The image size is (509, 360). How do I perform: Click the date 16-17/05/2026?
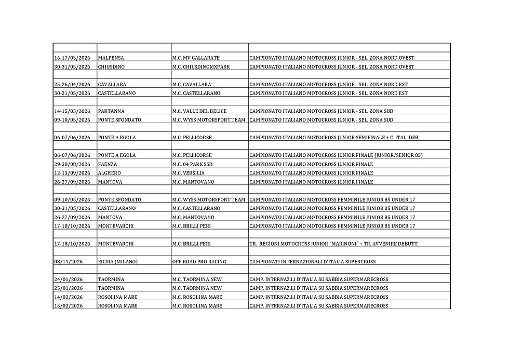(x=72, y=58)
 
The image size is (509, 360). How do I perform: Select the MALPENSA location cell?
(x=111, y=58)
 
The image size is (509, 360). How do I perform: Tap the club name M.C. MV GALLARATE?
(x=195, y=58)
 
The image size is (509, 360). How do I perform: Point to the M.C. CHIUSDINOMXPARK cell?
(x=200, y=66)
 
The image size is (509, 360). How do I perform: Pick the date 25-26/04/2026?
(x=72, y=84)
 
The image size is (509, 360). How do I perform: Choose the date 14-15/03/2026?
(x=72, y=111)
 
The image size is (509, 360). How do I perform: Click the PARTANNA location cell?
(x=110, y=111)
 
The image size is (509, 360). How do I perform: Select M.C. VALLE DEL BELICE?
(x=199, y=111)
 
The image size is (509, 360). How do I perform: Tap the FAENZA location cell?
(x=108, y=164)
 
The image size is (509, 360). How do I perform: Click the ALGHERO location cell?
(x=109, y=173)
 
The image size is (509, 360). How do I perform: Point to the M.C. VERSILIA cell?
(x=188, y=173)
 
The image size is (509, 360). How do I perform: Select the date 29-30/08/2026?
(x=72, y=164)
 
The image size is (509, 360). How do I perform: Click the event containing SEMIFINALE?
(x=334, y=138)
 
